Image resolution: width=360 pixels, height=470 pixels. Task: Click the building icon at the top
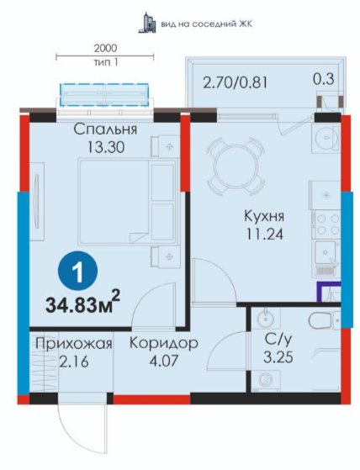(147, 23)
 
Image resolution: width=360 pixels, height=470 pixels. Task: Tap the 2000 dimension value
(105, 48)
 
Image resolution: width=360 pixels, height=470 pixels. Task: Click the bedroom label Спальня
(105, 129)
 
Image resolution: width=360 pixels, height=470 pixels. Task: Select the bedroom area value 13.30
(106, 147)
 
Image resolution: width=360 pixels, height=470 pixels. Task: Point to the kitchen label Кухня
(264, 216)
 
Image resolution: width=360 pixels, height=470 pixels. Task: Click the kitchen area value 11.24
(264, 234)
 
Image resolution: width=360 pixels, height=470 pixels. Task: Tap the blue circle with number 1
(77, 271)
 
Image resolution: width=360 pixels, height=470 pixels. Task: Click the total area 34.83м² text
(83, 303)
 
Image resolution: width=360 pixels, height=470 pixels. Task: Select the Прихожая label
(74, 344)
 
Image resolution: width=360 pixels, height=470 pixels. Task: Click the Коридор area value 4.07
(164, 360)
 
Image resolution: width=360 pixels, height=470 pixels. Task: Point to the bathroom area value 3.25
(278, 357)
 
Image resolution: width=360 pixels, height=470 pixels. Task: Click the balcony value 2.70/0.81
(235, 82)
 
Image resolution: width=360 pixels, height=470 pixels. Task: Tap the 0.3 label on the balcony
(324, 79)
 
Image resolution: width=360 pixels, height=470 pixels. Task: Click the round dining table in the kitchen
(236, 166)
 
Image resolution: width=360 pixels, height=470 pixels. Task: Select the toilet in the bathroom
(325, 320)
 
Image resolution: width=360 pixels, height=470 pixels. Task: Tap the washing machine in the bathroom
(266, 380)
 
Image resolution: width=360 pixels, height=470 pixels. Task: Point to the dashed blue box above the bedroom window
(104, 95)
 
